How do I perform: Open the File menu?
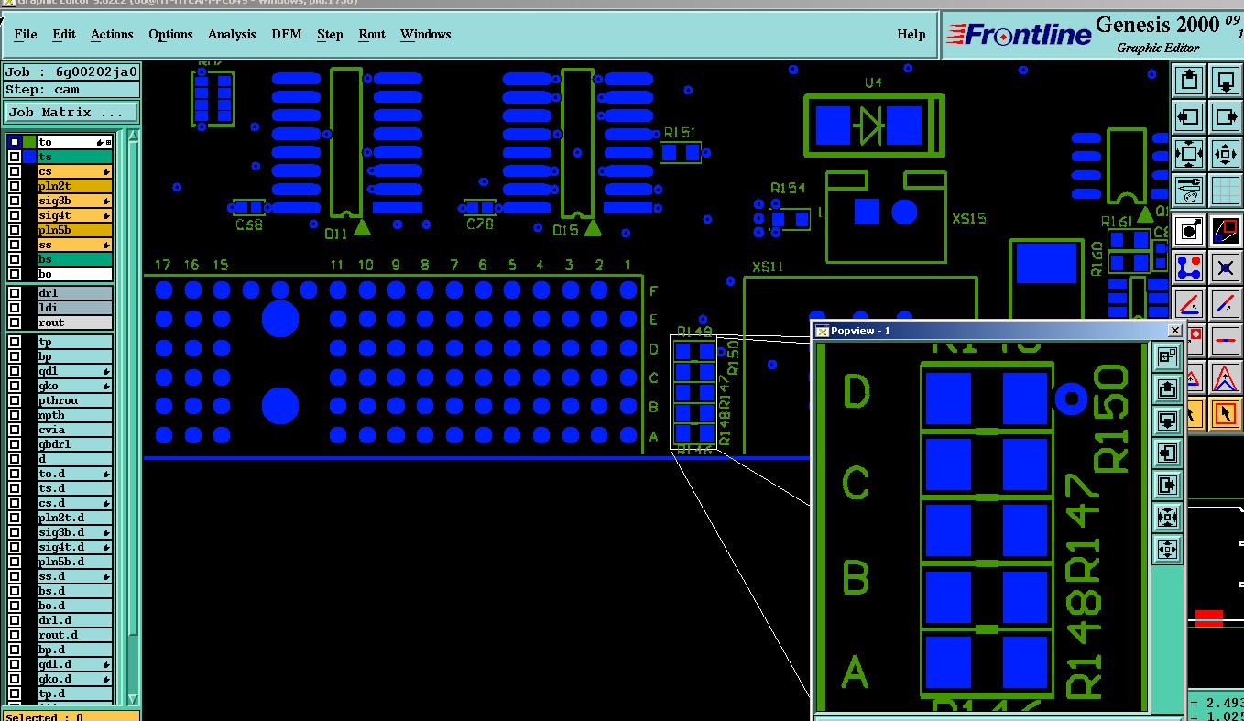[x=26, y=35]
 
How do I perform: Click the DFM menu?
[x=287, y=35]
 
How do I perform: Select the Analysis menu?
[x=232, y=35]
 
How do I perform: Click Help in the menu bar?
[x=911, y=35]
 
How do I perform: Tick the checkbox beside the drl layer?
[x=15, y=293]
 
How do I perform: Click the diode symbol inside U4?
[x=868, y=126]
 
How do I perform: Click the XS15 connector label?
[x=968, y=219]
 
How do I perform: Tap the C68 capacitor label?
[x=248, y=224]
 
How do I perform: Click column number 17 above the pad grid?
[x=163, y=265]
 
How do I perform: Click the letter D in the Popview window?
[x=856, y=392]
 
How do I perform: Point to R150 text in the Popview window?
[x=1112, y=419]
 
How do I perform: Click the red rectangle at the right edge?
[x=1208, y=618]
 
